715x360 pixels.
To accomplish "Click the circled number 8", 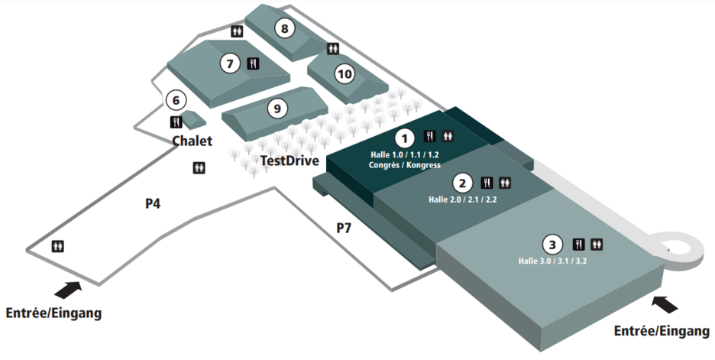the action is (284, 28).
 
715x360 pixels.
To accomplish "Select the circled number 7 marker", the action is (230, 63).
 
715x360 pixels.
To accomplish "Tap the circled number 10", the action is (345, 73).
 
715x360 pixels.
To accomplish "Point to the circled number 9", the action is (277, 109).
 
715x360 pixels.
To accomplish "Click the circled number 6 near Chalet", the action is (176, 100).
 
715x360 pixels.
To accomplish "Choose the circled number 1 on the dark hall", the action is (404, 138).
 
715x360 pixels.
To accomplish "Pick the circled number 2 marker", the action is (462, 183).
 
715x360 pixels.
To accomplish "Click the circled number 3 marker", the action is (552, 245).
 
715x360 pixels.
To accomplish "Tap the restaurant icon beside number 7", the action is (253, 63).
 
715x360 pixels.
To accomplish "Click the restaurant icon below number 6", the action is (176, 122).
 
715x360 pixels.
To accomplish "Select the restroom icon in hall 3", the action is (597, 244).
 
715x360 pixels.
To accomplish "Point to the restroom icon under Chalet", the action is (199, 168).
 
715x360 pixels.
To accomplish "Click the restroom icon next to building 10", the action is (333, 48).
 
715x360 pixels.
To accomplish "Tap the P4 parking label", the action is (153, 203).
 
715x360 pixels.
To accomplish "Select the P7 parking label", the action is (344, 228).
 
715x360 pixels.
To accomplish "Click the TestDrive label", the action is (290, 161).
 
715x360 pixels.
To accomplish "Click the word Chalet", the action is (192, 141).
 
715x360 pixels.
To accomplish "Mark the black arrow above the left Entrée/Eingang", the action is (68, 290).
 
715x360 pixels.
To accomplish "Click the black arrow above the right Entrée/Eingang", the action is (665, 304).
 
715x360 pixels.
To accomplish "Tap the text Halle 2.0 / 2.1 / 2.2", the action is (462, 199).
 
